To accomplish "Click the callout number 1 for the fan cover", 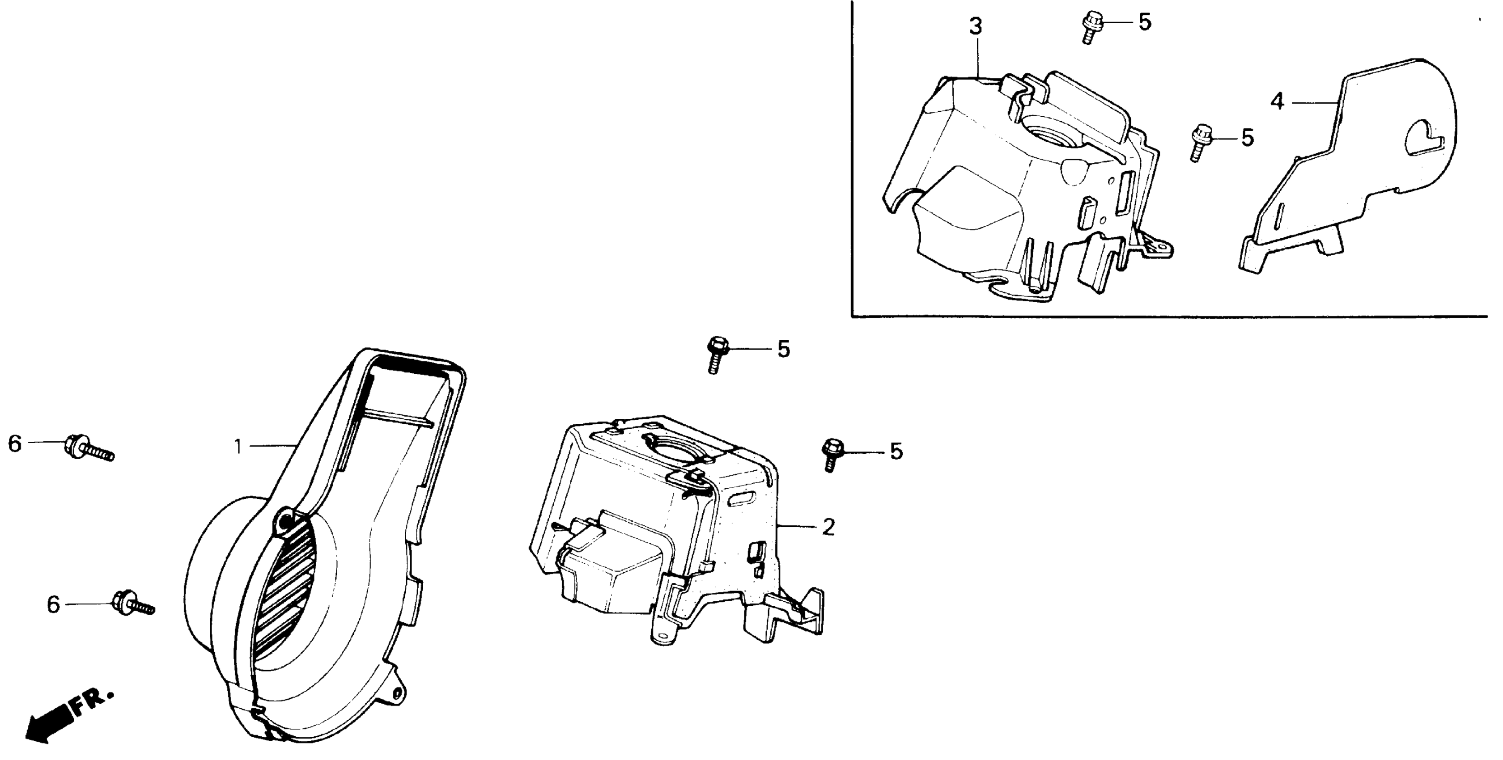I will tap(238, 447).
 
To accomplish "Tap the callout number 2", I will tap(828, 527).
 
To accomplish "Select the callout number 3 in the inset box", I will tap(976, 26).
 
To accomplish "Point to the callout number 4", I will tap(1277, 102).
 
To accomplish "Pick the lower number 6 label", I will tap(53, 604).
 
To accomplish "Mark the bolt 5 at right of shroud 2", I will tap(832, 456).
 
